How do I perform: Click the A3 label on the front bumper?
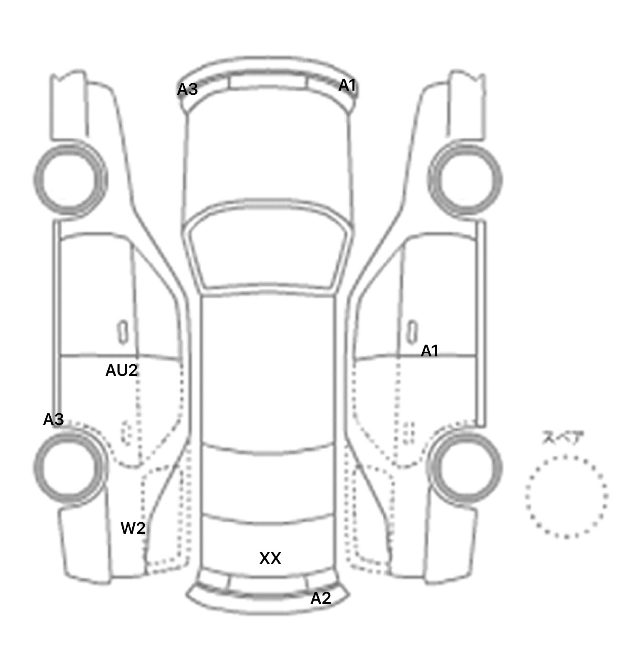coord(187,89)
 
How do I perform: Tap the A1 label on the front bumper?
coord(347,85)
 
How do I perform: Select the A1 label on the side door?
coord(430,351)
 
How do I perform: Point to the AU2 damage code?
coord(121,370)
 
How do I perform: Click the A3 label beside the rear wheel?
coord(53,420)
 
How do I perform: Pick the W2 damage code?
coord(133,528)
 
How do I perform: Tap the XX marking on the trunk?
coord(270,558)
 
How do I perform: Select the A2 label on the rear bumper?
coord(321,598)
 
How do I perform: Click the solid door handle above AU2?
coord(123,332)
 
